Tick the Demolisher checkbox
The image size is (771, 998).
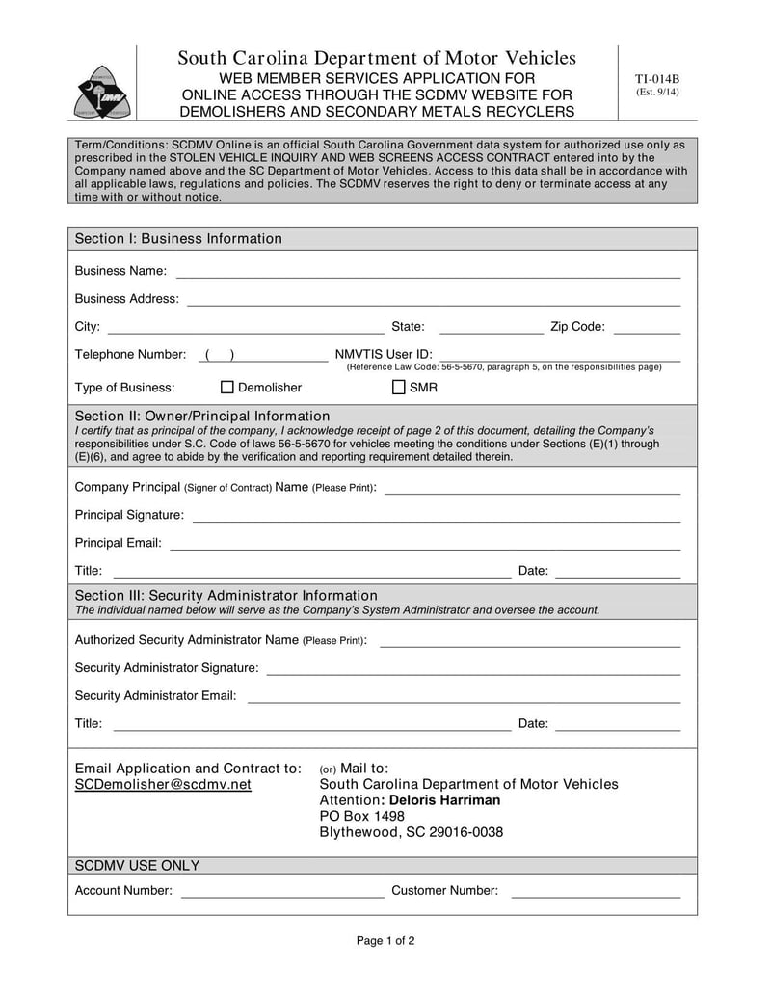[227, 388]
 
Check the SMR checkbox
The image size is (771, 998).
[399, 388]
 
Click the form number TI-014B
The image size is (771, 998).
[656, 79]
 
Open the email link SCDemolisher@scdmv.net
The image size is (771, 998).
[163, 785]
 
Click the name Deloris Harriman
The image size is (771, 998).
[451, 800]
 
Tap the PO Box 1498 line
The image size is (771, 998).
[362, 817]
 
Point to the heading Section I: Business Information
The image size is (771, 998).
[178, 239]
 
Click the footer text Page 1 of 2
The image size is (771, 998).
[385, 941]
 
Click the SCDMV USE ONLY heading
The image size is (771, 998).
[137, 866]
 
